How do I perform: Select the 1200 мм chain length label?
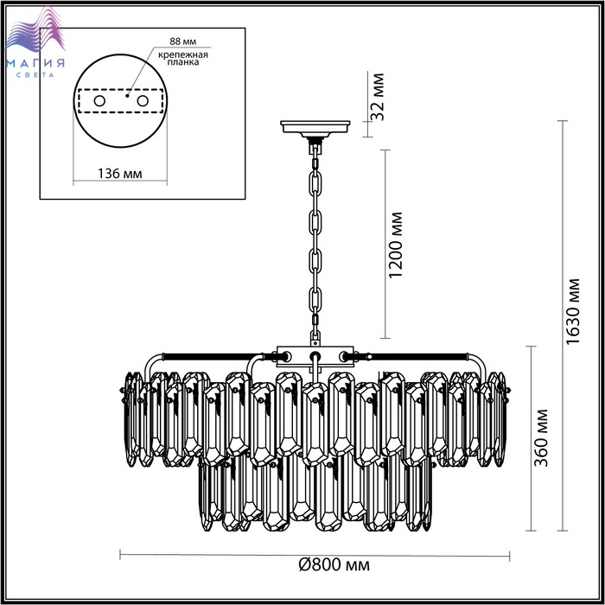pos(396,245)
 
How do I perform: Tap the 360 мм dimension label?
pos(541,437)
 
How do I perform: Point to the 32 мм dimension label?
pos(378,97)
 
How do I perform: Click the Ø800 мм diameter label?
pos(334,565)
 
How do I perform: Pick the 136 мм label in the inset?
pos(119,174)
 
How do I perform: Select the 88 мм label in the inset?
pos(182,41)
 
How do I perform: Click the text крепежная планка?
pos(183,58)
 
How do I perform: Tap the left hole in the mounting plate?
pos(99,101)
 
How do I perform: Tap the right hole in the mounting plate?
pos(143,101)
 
